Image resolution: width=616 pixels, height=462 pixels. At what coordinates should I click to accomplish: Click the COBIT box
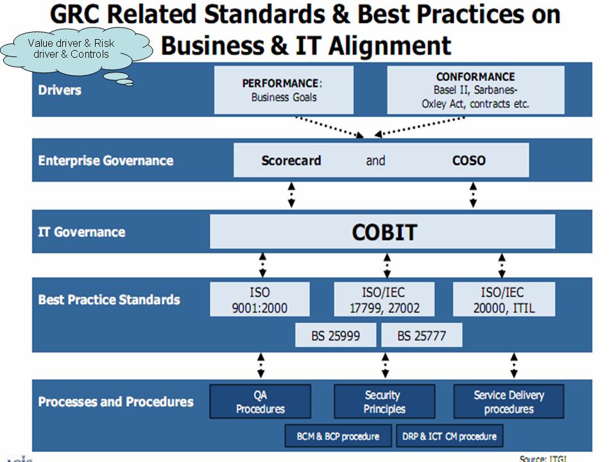pos(382,232)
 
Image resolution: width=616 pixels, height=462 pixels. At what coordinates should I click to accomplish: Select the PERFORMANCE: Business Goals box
pos(284,90)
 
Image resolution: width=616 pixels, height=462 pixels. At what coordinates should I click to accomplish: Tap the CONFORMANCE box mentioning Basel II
pos(475,90)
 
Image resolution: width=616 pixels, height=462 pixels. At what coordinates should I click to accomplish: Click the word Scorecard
pos(291,160)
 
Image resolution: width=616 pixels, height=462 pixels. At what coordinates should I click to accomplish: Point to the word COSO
pos(468,160)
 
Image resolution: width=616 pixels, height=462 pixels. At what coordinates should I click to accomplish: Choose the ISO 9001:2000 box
pos(260,300)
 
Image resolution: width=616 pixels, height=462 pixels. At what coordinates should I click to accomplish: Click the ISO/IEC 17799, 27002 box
pos(384,300)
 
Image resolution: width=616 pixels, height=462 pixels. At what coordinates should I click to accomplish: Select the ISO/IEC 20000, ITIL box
pos(504,300)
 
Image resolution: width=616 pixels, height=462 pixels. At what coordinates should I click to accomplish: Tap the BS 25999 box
pos(336,335)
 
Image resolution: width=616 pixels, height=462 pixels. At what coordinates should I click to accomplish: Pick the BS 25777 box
pos(422,335)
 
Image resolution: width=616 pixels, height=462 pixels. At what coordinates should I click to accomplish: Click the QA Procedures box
pos(260,401)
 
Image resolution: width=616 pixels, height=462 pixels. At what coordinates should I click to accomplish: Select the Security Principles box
pos(384,401)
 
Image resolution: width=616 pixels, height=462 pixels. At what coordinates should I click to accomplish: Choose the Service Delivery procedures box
pos(509,401)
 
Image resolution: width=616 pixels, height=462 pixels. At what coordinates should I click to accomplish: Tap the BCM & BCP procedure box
pos(338,436)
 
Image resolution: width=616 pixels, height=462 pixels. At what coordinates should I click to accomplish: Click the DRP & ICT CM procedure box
pos(449,436)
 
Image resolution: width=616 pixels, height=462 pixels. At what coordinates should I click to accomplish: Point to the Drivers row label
pos(60,90)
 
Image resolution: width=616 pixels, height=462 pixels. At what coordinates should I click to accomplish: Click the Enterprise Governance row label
pos(106,160)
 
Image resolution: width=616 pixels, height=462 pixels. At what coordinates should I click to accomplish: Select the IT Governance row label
pos(81,232)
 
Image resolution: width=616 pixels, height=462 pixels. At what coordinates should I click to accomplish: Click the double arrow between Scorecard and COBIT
pos(291,195)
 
